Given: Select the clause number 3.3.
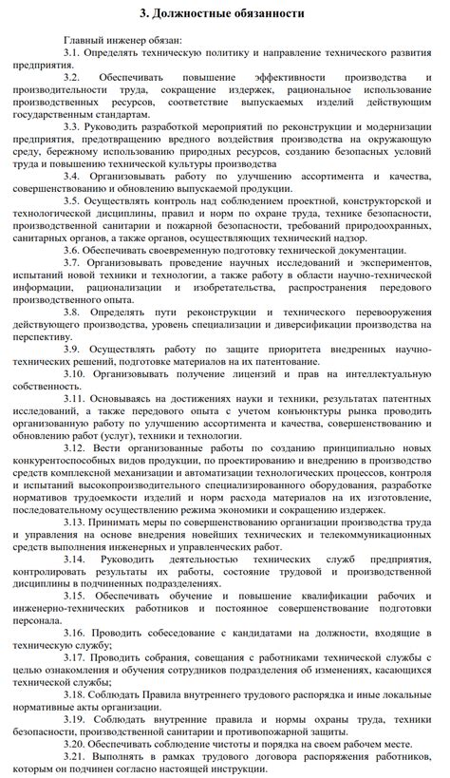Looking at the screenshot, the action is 75,125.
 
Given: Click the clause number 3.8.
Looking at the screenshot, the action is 76,311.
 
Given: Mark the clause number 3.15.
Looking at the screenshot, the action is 78,596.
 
